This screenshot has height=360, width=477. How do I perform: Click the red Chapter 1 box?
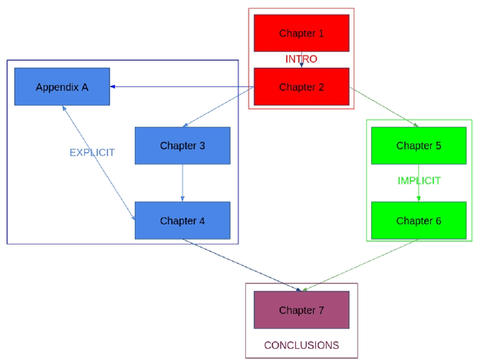[301, 33]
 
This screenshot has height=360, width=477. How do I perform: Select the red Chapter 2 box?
[301, 86]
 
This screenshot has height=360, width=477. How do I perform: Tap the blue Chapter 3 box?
[182, 145]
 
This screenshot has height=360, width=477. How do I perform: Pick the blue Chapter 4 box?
[182, 221]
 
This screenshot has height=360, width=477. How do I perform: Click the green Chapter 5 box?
[418, 145]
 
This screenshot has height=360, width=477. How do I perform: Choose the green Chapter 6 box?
[418, 221]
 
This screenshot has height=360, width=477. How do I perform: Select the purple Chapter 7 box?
[301, 310]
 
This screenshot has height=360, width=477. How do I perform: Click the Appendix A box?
[62, 86]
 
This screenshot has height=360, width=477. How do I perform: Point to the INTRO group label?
[301, 59]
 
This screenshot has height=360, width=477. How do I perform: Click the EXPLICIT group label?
[92, 152]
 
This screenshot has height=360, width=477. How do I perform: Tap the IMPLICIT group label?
[419, 180]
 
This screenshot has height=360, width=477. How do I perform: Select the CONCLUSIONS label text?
[301, 345]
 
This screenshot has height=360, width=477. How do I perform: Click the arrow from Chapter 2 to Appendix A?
[182, 86]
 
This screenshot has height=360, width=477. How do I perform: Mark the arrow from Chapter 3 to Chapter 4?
[183, 183]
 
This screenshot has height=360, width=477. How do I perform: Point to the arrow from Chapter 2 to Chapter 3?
[219, 107]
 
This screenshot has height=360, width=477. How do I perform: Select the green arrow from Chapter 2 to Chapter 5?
[384, 107]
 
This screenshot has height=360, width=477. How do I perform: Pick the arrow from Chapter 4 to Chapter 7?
[242, 265]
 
